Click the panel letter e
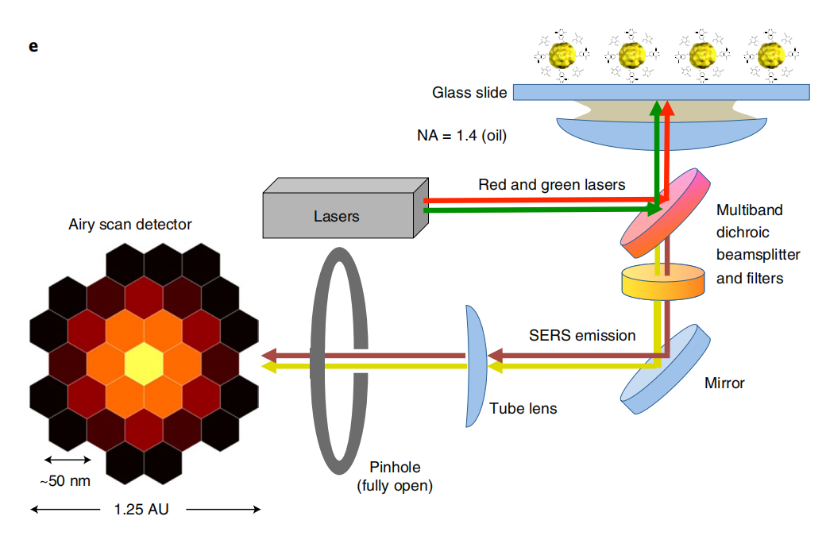pos(33,46)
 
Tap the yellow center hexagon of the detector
pos(144,363)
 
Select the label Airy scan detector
pos(130,225)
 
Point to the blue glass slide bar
pos(661,92)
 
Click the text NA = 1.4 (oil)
pos(461,135)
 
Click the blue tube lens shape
pos(476,366)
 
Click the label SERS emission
pos(582,335)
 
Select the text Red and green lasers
pos(551,185)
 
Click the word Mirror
pos(724,383)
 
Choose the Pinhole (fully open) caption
pos(395,476)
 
